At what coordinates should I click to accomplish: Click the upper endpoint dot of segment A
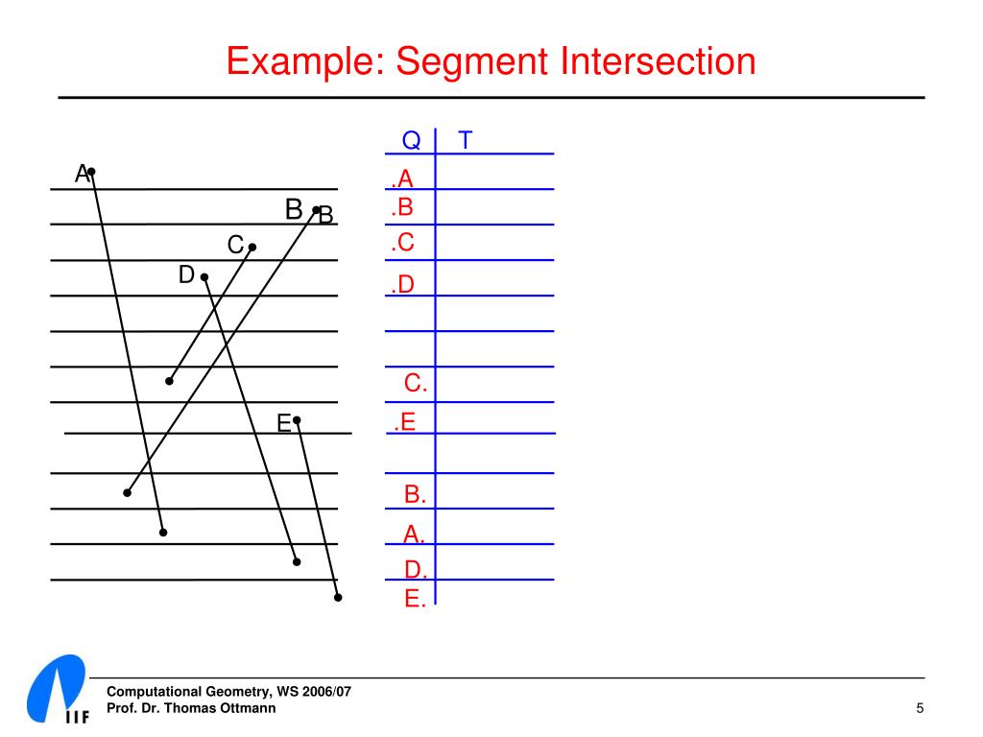point(91,172)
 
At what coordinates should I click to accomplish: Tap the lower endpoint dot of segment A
point(163,532)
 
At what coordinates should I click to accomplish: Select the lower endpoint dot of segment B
point(127,493)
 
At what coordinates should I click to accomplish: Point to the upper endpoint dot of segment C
point(252,247)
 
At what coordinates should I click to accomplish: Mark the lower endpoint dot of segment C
point(169,381)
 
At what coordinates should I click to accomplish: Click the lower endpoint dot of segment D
point(297,561)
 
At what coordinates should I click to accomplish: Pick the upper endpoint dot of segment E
point(297,419)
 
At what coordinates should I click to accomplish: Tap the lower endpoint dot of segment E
point(338,598)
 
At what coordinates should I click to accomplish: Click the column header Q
point(411,141)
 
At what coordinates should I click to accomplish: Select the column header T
point(466,141)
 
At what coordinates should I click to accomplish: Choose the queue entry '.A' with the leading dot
point(402,178)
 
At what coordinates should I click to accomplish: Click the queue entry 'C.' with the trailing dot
point(416,384)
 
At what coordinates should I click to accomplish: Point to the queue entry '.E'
point(404,421)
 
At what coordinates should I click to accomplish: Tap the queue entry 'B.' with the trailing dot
point(415,495)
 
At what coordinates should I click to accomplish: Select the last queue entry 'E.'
point(415,600)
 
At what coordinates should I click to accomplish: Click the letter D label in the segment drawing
point(186,275)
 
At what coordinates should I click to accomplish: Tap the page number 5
point(920,708)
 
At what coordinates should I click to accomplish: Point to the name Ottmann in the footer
point(247,708)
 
